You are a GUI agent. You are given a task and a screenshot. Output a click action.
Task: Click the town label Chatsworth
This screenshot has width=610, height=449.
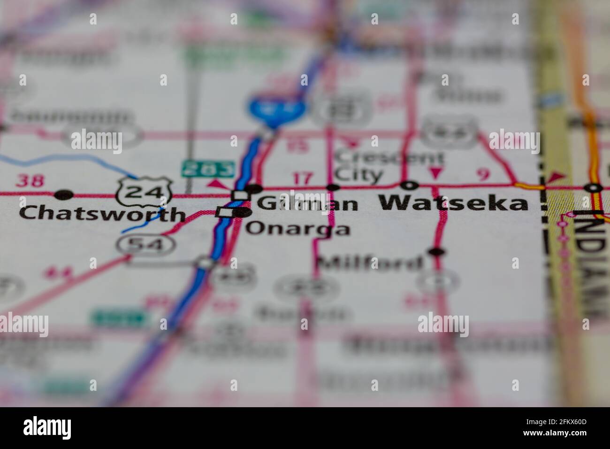point(102,214)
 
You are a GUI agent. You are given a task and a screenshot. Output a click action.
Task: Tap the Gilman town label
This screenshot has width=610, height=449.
point(307,204)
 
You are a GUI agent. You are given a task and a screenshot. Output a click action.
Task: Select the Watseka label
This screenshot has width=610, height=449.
point(453,203)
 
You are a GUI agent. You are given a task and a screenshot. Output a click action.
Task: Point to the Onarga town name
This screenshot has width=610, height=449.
point(298,229)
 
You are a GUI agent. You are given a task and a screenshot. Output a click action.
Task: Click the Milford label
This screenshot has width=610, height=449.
point(369,263)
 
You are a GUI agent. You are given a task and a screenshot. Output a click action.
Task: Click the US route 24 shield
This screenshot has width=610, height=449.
point(145,191)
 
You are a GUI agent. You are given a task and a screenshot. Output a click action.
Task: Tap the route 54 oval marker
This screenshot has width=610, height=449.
point(146,244)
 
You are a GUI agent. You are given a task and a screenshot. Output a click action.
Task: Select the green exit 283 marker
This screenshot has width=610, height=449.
point(208,169)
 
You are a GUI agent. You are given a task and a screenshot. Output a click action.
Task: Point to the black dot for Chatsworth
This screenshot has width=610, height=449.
point(64,194)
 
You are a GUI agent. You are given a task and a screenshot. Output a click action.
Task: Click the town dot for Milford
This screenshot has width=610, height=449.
point(436,252)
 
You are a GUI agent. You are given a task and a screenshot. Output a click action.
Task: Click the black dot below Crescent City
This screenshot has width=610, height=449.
point(333,187)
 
